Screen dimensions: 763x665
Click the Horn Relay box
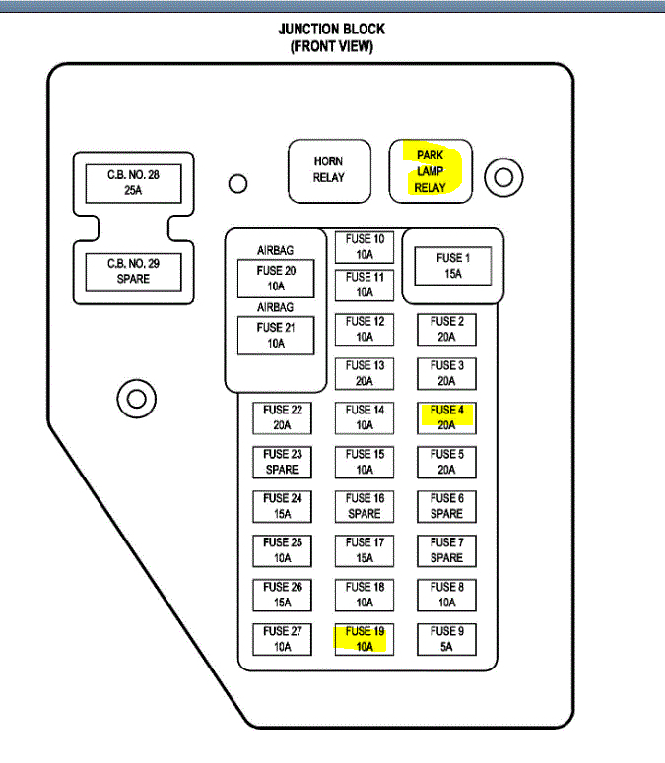click(329, 169)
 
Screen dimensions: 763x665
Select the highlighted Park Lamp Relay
click(431, 171)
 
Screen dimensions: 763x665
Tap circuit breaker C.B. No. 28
click(133, 181)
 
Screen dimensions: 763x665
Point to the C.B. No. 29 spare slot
click(133, 271)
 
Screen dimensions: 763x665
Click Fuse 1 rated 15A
click(452, 266)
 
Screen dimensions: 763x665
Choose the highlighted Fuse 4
click(446, 417)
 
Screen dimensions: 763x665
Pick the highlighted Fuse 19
click(364, 639)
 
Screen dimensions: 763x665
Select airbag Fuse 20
click(276, 278)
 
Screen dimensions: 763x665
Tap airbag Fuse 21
click(276, 335)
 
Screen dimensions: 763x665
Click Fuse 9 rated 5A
click(446, 639)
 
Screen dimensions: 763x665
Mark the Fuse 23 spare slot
click(282, 462)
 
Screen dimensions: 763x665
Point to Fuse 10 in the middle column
click(364, 246)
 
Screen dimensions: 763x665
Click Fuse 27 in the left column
click(282, 639)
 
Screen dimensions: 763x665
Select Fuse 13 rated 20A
click(364, 373)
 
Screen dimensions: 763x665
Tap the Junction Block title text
click(332, 37)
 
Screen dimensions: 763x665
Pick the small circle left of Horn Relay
click(237, 184)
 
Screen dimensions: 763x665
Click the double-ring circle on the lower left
click(136, 399)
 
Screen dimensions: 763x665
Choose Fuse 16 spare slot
click(364, 506)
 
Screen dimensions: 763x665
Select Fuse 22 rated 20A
click(282, 417)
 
